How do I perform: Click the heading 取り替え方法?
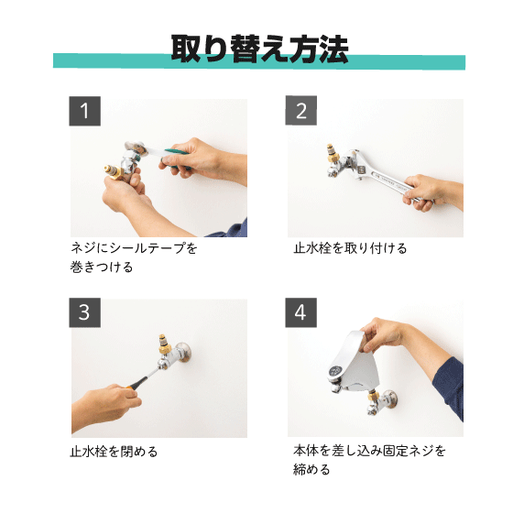259,49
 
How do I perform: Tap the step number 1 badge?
84,111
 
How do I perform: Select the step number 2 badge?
301,110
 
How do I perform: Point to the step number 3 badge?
84,312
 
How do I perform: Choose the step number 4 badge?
301,312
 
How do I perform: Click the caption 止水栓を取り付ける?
350,248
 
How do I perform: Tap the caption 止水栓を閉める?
114,452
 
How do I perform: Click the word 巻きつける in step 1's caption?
102,267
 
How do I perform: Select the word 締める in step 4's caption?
311,469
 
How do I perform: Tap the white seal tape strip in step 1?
157,152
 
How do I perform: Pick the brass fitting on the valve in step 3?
164,344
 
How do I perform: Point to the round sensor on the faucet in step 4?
335,371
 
